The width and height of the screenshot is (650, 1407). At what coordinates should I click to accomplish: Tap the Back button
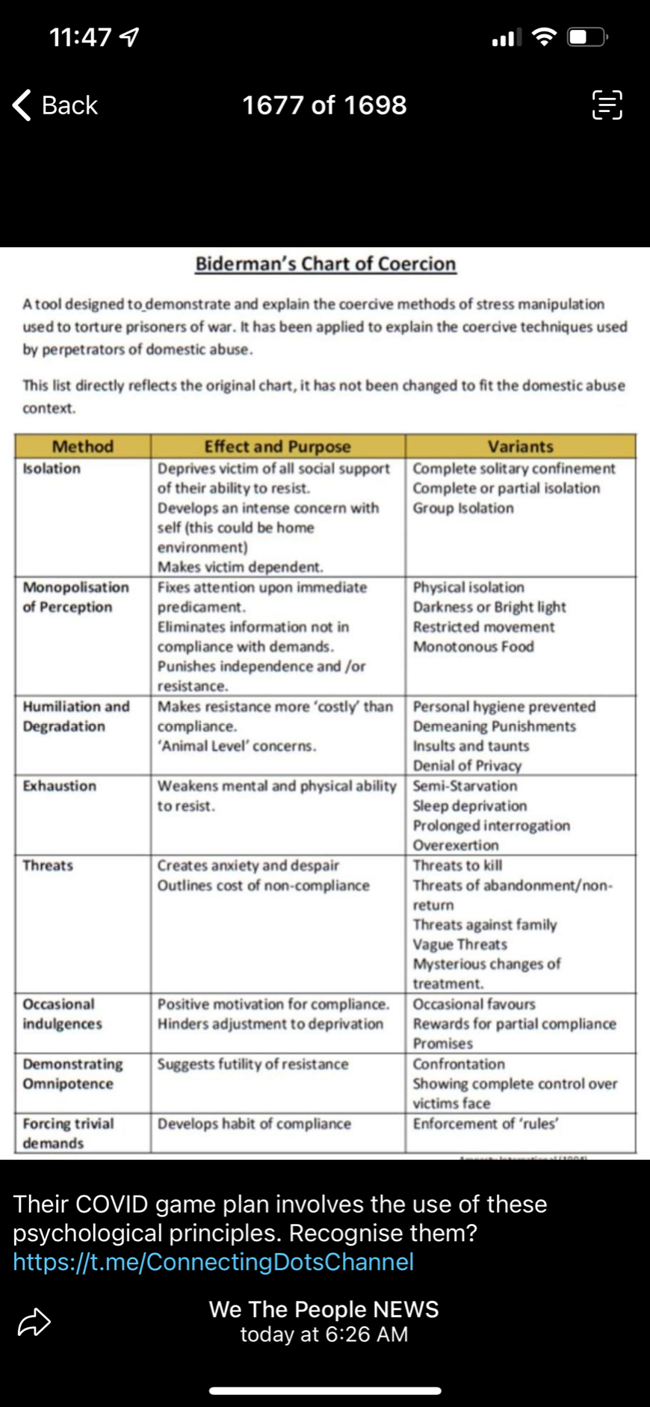(x=56, y=105)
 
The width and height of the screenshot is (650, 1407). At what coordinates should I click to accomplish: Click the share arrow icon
(x=34, y=1322)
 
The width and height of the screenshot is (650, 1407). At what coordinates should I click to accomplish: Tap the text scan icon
(x=607, y=105)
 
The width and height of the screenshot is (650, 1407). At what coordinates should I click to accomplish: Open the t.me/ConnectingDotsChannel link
(x=213, y=1261)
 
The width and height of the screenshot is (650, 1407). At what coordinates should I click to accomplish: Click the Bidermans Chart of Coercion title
(x=325, y=264)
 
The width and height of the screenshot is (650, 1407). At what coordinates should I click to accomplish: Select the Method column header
(x=82, y=446)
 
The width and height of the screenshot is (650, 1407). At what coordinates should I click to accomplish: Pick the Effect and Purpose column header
(x=277, y=446)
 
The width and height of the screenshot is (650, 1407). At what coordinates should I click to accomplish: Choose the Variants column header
(x=520, y=446)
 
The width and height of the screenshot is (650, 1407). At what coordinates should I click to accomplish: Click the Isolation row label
(x=52, y=469)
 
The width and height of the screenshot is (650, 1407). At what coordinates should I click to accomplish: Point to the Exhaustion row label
(x=59, y=786)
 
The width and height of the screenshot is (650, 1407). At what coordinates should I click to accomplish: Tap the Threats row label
(x=48, y=865)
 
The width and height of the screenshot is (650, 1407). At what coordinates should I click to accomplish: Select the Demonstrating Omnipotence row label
(x=72, y=1074)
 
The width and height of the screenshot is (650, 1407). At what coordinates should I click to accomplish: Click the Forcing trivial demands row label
(x=67, y=1133)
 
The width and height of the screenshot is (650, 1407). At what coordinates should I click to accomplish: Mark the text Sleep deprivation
(x=469, y=805)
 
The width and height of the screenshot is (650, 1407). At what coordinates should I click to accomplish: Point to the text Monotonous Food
(x=473, y=646)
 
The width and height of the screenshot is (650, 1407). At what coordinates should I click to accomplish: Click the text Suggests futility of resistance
(x=253, y=1063)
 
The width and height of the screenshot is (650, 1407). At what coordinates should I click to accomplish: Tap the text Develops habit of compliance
(x=253, y=1123)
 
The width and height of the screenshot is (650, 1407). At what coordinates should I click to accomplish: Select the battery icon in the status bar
(x=588, y=37)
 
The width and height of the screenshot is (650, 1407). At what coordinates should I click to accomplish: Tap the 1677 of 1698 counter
(x=324, y=105)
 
